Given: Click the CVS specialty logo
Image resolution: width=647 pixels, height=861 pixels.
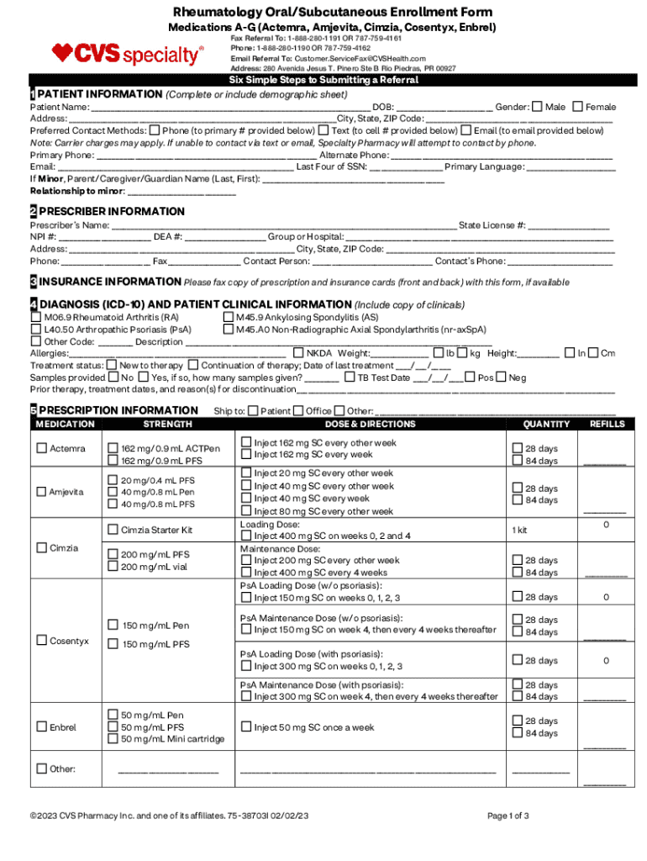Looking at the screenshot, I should pyautogui.click(x=128, y=55).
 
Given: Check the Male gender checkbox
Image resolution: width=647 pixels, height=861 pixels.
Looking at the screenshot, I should pyautogui.click(x=538, y=107).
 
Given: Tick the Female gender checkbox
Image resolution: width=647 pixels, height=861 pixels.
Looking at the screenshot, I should pyautogui.click(x=577, y=107).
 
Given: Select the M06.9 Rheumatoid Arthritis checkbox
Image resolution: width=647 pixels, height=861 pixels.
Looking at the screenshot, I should pyautogui.click(x=36, y=318).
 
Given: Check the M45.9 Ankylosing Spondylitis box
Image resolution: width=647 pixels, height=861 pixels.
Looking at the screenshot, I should pyautogui.click(x=228, y=318).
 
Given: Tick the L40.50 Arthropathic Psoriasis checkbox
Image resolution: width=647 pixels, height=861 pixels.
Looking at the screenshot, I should pyautogui.click(x=36, y=330).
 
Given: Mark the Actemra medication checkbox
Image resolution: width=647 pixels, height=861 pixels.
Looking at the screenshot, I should pyautogui.click(x=41, y=448).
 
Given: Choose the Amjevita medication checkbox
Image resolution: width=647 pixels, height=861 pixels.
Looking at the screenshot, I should pyautogui.click(x=41, y=491).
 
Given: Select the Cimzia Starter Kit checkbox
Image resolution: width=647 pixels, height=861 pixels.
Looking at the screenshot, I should pyautogui.click(x=113, y=530).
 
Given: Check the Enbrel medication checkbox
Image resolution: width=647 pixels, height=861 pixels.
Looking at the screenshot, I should pyautogui.click(x=41, y=726).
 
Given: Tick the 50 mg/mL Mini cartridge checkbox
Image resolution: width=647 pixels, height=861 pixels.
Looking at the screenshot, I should pyautogui.click(x=113, y=739).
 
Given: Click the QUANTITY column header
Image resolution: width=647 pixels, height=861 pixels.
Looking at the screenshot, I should pyautogui.click(x=546, y=425).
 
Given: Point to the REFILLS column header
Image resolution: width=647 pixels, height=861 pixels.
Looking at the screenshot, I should pyautogui.click(x=606, y=425).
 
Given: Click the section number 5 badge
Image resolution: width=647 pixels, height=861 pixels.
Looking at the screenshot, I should pyautogui.click(x=34, y=410).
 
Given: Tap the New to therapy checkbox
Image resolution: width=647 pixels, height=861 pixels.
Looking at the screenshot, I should pyautogui.click(x=112, y=366).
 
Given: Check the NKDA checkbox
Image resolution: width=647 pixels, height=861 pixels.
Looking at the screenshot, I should pyautogui.click(x=298, y=353).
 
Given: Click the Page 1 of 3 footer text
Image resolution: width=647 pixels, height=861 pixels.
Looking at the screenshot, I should pyautogui.click(x=508, y=816).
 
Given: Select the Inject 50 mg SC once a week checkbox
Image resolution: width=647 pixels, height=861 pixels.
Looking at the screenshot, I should pyautogui.click(x=246, y=727).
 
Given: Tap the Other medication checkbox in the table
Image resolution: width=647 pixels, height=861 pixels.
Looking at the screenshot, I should pyautogui.click(x=41, y=769).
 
